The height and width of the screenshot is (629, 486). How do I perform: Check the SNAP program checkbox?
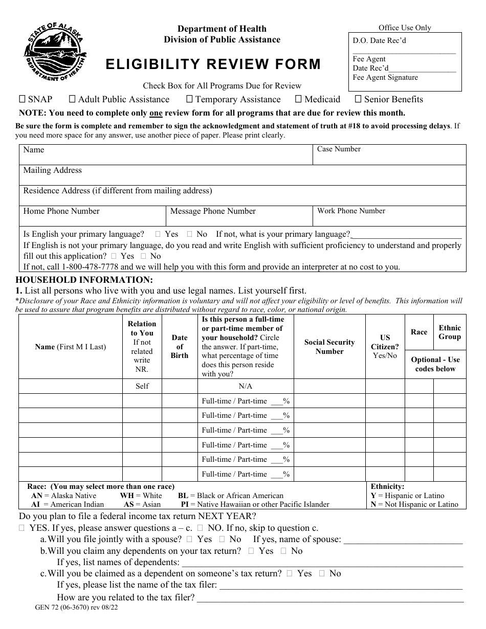pyautogui.click(x=22, y=99)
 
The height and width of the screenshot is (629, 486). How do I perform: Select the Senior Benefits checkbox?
pyautogui.click(x=358, y=99)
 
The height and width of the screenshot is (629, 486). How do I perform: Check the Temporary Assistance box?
pyautogui.click(x=189, y=99)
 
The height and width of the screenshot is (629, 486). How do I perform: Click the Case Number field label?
pyautogui.click(x=339, y=149)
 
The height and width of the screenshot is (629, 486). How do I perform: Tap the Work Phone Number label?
pyautogui.click(x=351, y=211)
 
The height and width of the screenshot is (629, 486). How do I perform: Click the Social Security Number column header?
pyautogui.click(x=329, y=347)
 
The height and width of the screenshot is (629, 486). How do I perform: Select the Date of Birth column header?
pyautogui.click(x=180, y=346)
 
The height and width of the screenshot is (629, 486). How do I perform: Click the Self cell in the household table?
pyautogui.click(x=142, y=386)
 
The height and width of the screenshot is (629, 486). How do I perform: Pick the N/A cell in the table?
pyautogui.click(x=246, y=386)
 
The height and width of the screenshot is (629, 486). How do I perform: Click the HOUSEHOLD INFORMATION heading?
pyautogui.click(x=84, y=280)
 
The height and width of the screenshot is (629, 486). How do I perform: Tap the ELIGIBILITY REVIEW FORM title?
pyautogui.click(x=213, y=64)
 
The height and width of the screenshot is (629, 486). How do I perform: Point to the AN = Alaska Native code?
pyautogui.click(x=63, y=496)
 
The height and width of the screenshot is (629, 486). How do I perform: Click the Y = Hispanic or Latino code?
pyautogui.click(x=407, y=496)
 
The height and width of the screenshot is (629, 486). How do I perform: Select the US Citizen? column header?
pyautogui.click(x=385, y=346)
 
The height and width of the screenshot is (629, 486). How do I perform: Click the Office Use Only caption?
pyautogui.click(x=405, y=28)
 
